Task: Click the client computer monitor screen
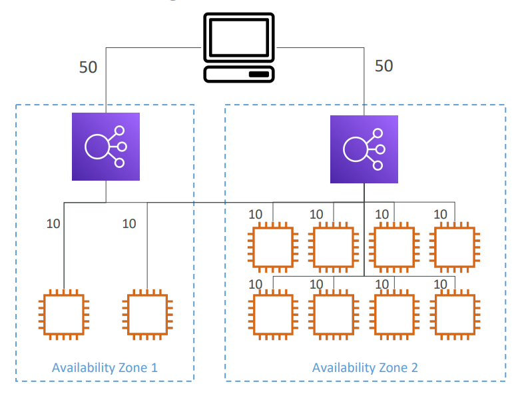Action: click(x=239, y=37)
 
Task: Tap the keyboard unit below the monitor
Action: click(x=239, y=74)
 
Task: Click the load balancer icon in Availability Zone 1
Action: click(x=106, y=147)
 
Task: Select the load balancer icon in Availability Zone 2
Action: click(x=364, y=149)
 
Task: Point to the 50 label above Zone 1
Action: click(x=88, y=67)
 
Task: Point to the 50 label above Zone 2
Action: click(x=384, y=66)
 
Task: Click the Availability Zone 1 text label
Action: click(x=105, y=368)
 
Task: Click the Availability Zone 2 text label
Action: click(x=365, y=368)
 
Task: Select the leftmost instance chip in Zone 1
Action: click(x=64, y=315)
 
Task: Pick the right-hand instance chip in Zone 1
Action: click(x=147, y=315)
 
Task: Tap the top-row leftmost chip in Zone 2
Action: click(x=273, y=247)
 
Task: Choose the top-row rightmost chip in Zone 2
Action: click(x=455, y=247)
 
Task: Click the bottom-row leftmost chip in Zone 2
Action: click(x=273, y=315)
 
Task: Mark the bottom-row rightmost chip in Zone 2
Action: click(x=455, y=315)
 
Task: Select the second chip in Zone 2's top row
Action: click(x=334, y=247)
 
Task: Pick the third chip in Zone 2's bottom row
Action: click(x=394, y=315)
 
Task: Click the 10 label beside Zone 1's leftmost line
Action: click(x=53, y=224)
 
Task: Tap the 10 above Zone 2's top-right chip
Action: click(x=440, y=215)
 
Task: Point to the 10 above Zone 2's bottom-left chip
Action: click(x=256, y=285)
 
